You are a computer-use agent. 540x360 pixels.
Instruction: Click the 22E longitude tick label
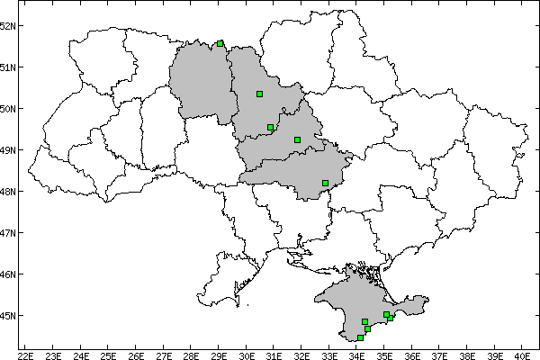pyautogui.click(x=25, y=354)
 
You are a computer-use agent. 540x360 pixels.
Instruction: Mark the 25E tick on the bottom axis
pyautogui.click(x=108, y=354)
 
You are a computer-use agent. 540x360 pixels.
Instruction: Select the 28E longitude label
pyautogui.click(x=191, y=354)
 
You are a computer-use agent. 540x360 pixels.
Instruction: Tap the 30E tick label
pyautogui.click(x=247, y=354)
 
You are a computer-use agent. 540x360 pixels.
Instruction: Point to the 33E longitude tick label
pyautogui.click(x=329, y=354)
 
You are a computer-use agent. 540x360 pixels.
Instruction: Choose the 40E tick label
pyautogui.click(x=522, y=354)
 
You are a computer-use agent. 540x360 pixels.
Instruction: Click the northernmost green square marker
pyautogui.click(x=220, y=42)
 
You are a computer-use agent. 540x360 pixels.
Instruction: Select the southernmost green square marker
pyautogui.click(x=360, y=338)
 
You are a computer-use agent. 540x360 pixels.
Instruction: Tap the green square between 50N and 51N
pyautogui.click(x=259, y=94)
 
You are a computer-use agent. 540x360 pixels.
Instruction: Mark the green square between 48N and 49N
pyautogui.click(x=325, y=184)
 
